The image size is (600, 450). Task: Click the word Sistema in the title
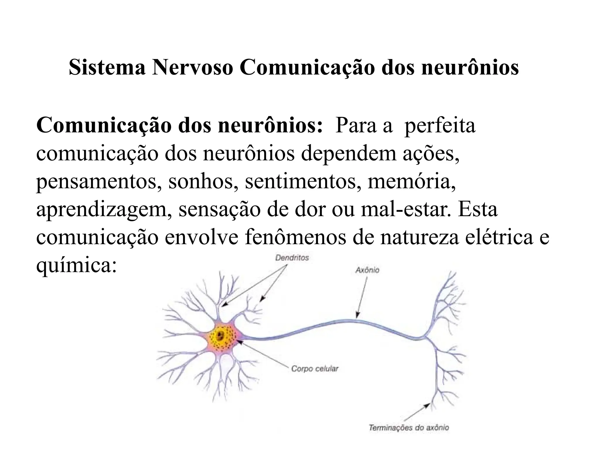[107, 68]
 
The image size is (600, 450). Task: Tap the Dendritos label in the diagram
[292, 258]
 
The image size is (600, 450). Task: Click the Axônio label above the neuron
[367, 270]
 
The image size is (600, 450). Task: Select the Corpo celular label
[315, 369]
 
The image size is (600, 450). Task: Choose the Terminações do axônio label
[409, 428]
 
